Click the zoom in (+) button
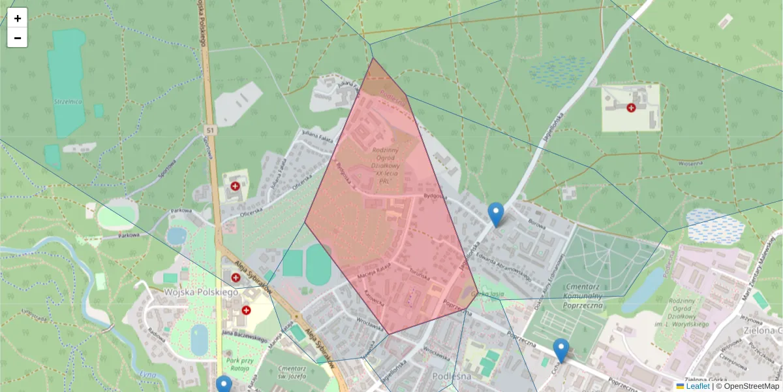coord(18,18)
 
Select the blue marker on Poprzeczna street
coord(560,350)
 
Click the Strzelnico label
coord(67,101)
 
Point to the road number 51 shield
coord(209,130)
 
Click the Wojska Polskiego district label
coord(201,292)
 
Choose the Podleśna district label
coord(452,376)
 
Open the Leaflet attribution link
coord(697,386)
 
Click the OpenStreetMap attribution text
coord(750,386)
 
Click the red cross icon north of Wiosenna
coord(631,108)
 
